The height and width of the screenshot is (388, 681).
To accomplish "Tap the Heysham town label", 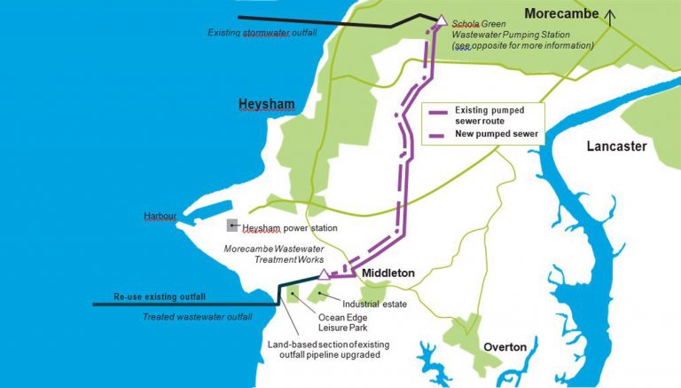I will coord(266,105).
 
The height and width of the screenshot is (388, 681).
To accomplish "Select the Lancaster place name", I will coord(616,146).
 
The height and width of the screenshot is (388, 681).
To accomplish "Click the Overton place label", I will coord(505,346).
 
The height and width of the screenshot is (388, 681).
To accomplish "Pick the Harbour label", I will coord(160,216).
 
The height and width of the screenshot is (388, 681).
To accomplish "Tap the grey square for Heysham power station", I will coord(232,226).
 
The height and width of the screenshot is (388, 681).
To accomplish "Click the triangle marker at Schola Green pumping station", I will coord(440,19).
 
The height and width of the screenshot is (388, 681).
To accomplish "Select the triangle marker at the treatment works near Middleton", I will coord(325,274).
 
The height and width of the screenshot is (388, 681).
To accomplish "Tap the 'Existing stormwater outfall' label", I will coord(262,33).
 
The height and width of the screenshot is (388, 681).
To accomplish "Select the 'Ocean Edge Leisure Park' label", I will coord(341,325).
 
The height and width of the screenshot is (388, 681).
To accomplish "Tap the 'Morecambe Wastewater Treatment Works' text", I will coord(273,256).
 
